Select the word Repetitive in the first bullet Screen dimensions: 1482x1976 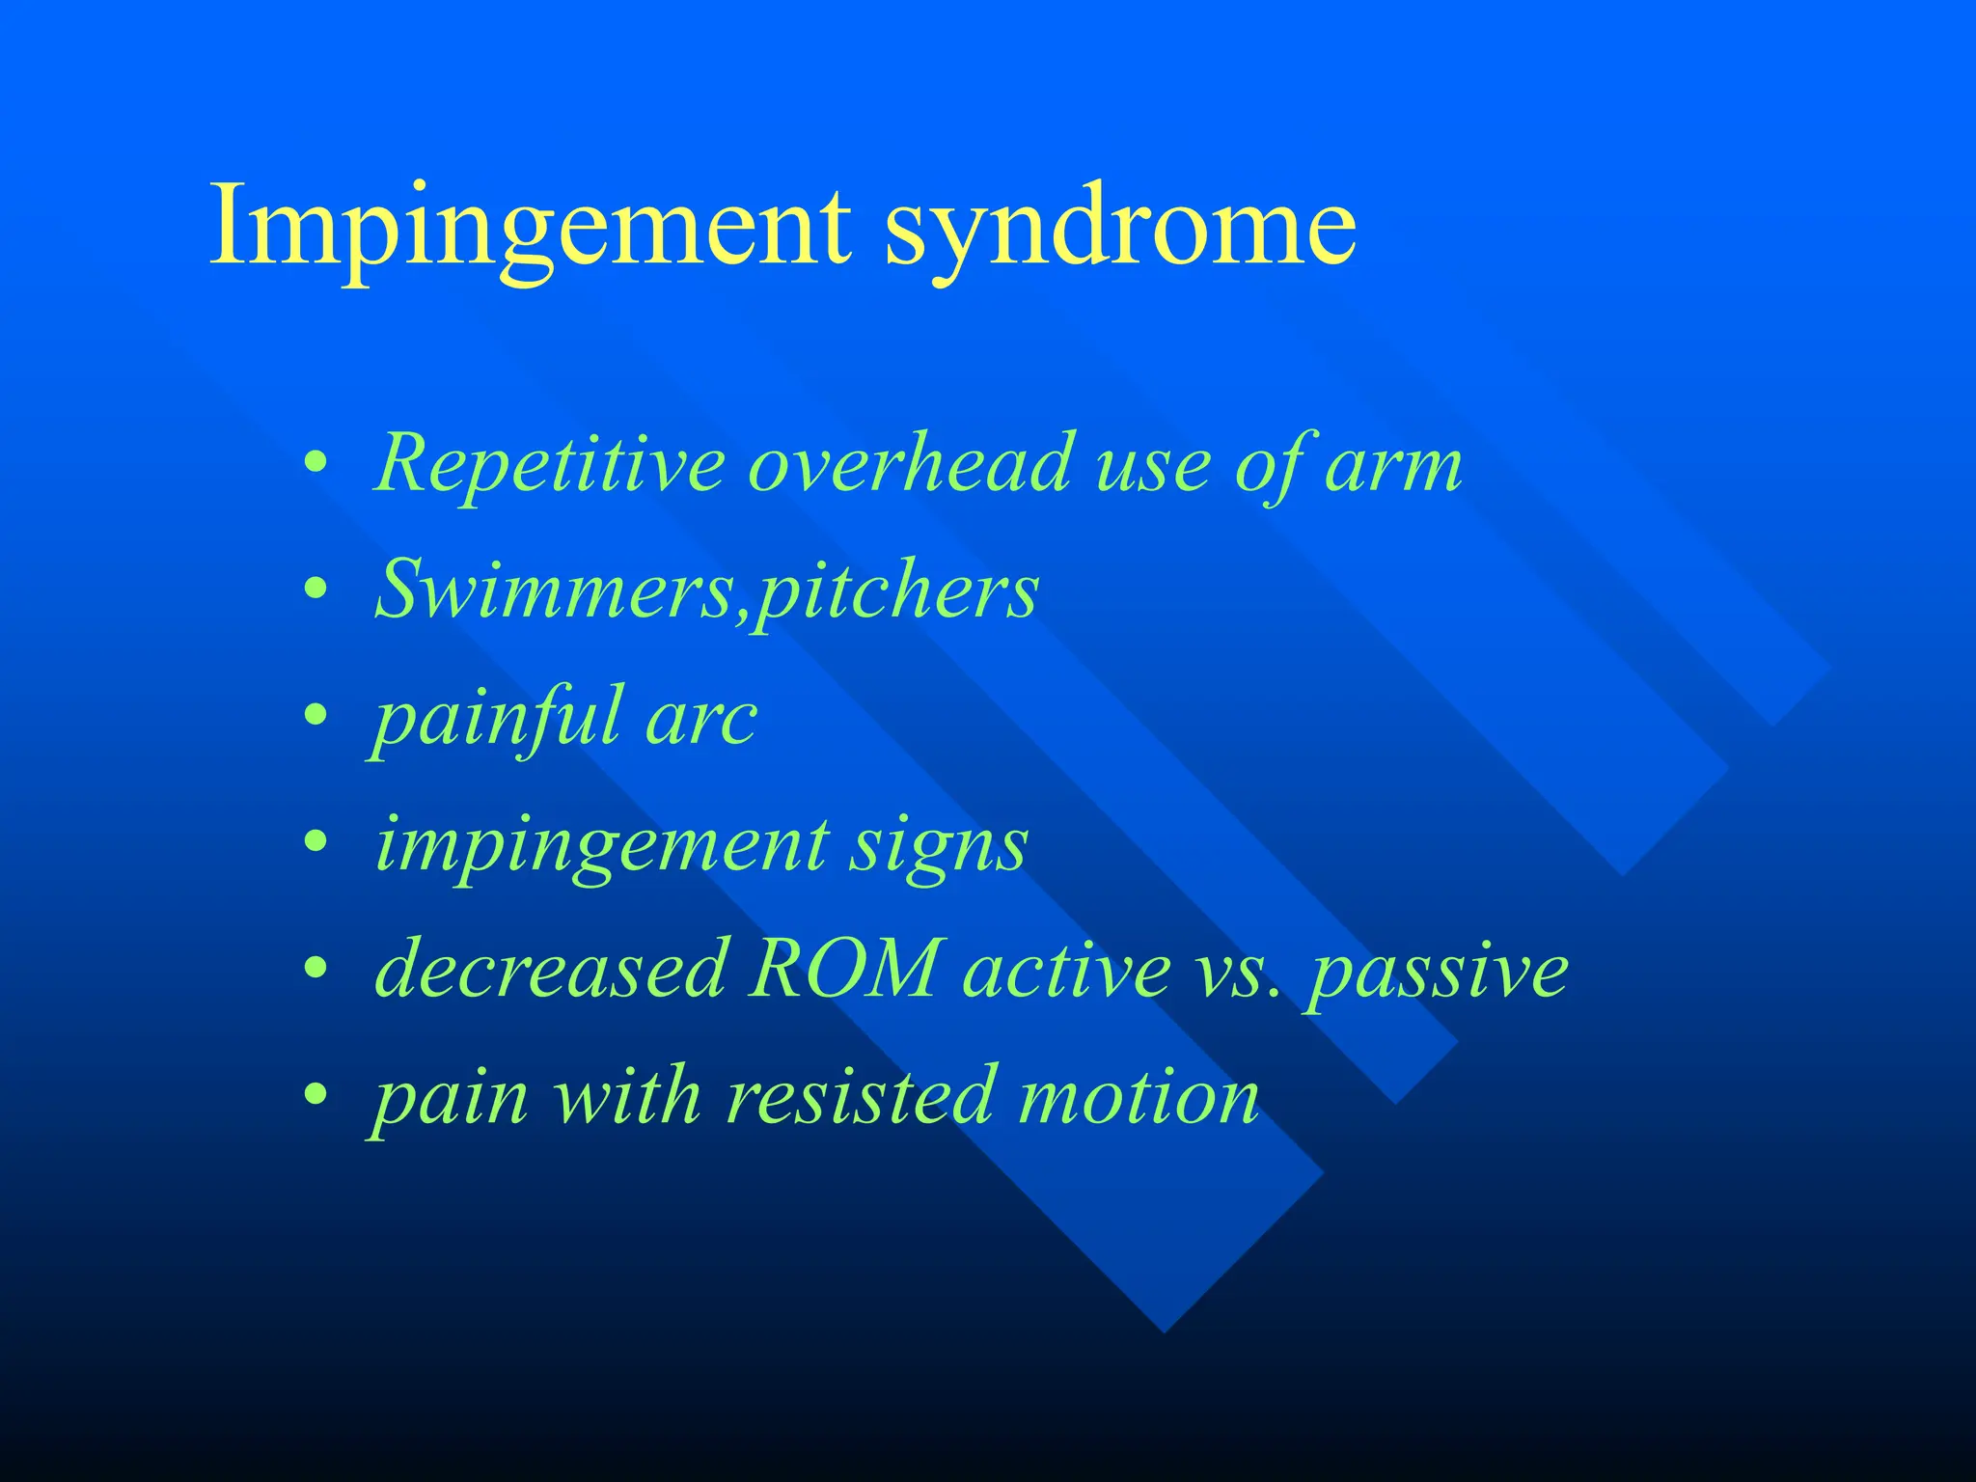point(550,464)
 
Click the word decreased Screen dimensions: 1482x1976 point(550,969)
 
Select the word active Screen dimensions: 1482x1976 point(1065,971)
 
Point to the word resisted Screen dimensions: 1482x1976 point(859,1096)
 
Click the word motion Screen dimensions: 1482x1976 point(1139,1097)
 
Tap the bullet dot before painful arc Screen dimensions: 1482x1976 point(316,717)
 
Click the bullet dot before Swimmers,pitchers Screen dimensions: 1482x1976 point(316,590)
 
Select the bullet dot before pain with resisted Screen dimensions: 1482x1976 point(316,1096)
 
